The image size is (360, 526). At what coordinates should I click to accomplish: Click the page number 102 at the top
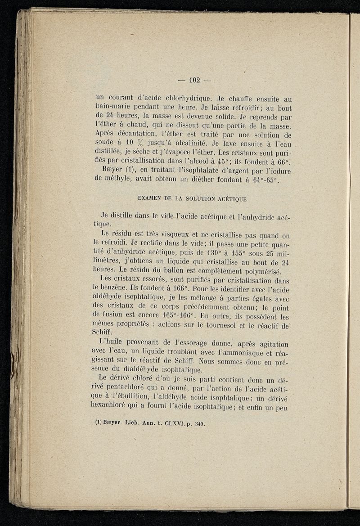point(194,81)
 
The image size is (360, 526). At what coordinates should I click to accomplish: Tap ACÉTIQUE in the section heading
point(229,198)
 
